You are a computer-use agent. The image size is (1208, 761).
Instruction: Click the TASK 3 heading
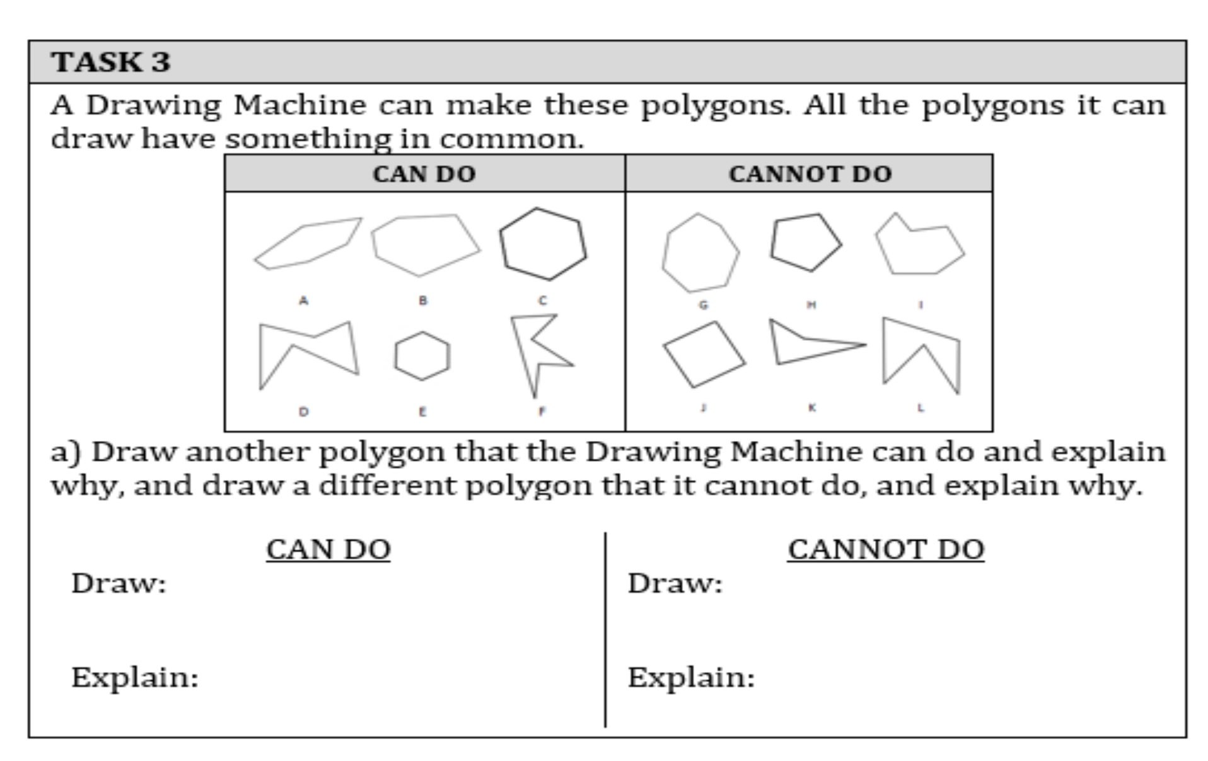(x=111, y=62)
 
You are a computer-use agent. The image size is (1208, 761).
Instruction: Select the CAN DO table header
(x=424, y=174)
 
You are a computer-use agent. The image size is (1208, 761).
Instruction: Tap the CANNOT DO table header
(x=810, y=174)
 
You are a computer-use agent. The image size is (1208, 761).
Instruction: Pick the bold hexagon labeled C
(x=543, y=244)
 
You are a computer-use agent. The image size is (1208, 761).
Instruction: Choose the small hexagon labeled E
(x=422, y=356)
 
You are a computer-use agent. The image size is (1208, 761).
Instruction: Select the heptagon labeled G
(x=700, y=253)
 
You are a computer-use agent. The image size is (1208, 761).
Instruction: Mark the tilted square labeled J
(x=704, y=355)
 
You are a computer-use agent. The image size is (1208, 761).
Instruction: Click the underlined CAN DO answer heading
(x=328, y=549)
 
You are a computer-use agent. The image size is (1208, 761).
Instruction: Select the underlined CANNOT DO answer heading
(x=885, y=549)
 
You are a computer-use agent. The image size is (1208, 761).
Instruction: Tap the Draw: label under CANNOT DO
(x=675, y=583)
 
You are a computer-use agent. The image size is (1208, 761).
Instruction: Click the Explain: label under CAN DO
(x=135, y=678)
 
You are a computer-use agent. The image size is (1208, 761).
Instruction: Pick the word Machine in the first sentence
(x=299, y=105)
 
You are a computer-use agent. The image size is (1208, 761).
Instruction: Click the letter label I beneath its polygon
(x=921, y=305)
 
